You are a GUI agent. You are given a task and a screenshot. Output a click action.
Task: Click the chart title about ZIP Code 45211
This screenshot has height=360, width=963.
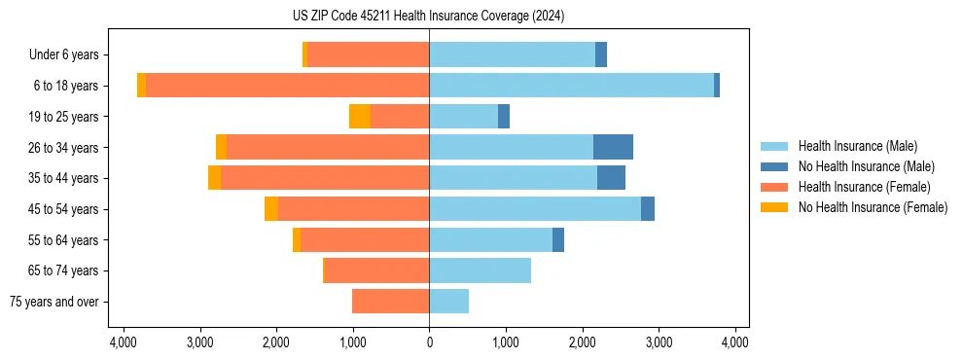[x=428, y=17]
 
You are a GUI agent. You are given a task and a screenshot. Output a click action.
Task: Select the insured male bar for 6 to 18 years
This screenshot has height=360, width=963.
[x=571, y=86]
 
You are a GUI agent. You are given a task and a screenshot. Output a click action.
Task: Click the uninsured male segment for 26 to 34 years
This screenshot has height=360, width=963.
[x=613, y=147]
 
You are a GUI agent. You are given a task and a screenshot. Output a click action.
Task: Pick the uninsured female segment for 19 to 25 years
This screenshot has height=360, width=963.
[x=360, y=117]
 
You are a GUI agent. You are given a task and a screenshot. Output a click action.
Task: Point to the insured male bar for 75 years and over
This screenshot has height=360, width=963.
[x=448, y=302]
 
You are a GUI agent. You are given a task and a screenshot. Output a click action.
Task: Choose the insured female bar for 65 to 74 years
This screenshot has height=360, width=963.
[x=376, y=270]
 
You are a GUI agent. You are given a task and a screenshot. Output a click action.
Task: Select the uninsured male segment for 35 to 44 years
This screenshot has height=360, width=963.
[x=611, y=178]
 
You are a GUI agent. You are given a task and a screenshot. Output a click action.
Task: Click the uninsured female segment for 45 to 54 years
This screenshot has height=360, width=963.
[x=271, y=209]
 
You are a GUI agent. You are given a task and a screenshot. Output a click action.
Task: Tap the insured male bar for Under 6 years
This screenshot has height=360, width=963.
[x=512, y=54]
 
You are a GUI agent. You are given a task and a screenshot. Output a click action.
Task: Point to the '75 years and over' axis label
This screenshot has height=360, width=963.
[x=53, y=302]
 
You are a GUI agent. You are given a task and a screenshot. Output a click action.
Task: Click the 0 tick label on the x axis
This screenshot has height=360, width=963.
[x=429, y=343]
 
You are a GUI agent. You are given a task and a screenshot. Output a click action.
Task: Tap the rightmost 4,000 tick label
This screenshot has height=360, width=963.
[x=734, y=343]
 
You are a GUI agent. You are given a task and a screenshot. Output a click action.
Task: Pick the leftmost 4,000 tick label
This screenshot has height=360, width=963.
[x=124, y=343]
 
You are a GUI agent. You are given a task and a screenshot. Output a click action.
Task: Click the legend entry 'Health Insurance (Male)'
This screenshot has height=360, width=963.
[x=856, y=146]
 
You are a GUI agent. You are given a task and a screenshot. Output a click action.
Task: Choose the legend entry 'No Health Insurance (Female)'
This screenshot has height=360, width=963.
[x=873, y=207]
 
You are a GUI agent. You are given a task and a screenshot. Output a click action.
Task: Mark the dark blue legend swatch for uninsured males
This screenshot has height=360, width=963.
[x=774, y=166]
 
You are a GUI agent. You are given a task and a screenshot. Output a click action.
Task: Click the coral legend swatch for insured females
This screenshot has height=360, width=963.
[x=774, y=187]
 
